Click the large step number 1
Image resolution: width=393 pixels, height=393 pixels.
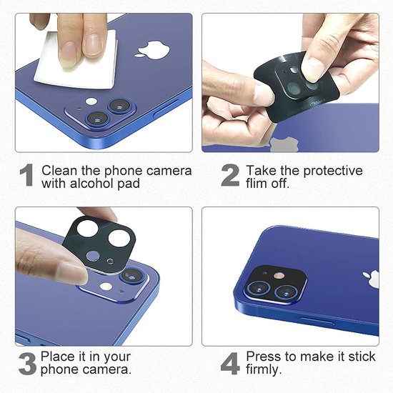(x=26, y=176)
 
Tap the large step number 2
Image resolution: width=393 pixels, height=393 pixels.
(x=229, y=176)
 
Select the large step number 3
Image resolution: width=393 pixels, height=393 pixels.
(x=26, y=363)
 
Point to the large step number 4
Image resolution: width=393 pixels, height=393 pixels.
(x=229, y=363)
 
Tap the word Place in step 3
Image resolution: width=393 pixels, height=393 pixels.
(x=56, y=357)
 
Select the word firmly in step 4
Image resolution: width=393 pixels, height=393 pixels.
(x=264, y=370)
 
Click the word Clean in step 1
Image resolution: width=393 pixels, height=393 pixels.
(x=58, y=171)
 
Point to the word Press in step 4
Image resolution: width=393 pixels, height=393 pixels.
(x=263, y=357)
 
